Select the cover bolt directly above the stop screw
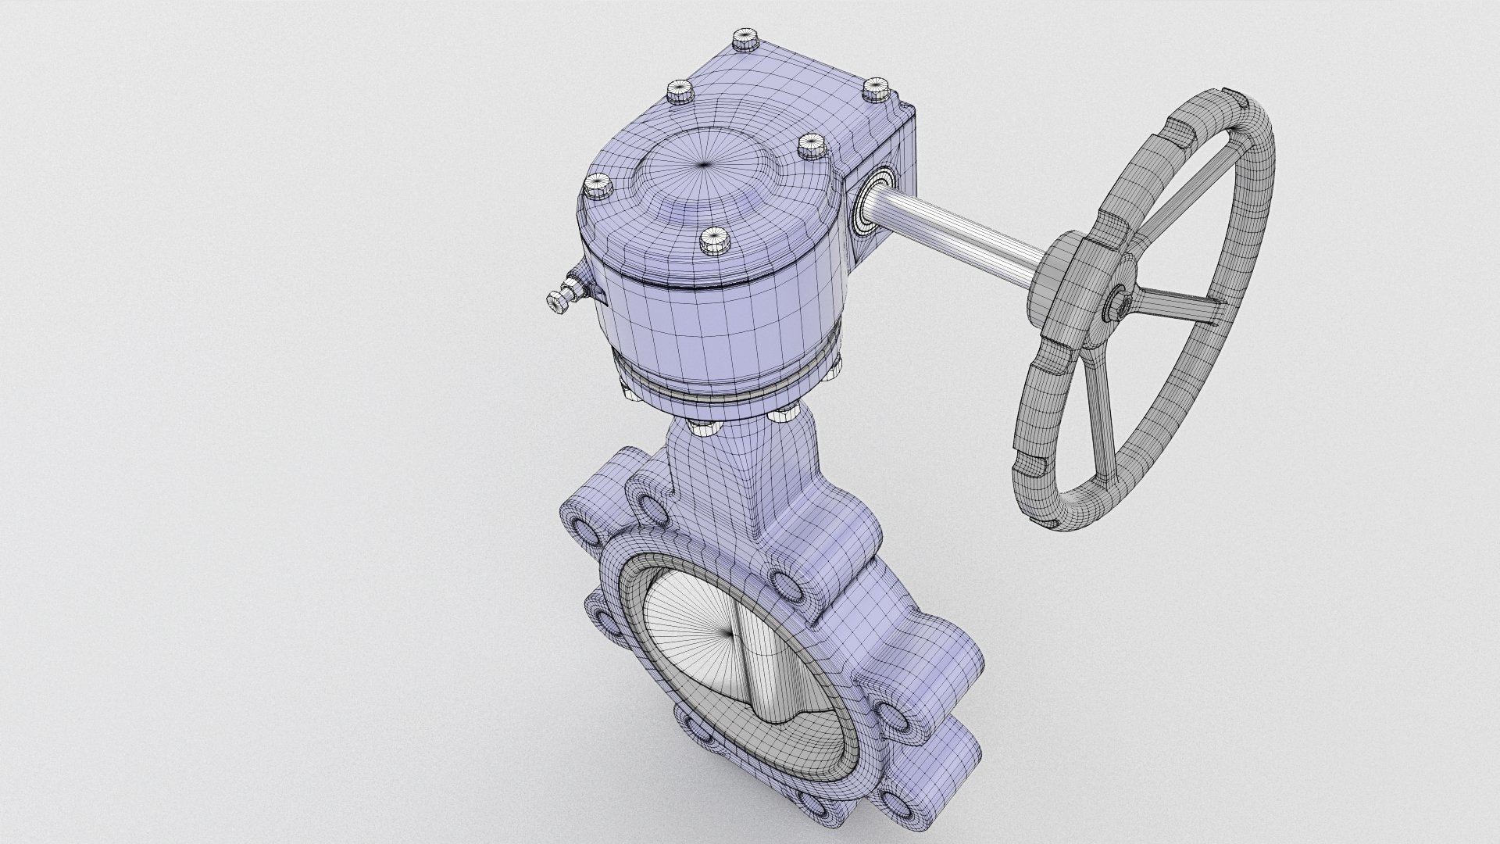(598, 186)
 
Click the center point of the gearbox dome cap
(705, 163)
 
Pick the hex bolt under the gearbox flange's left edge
(630, 392)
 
